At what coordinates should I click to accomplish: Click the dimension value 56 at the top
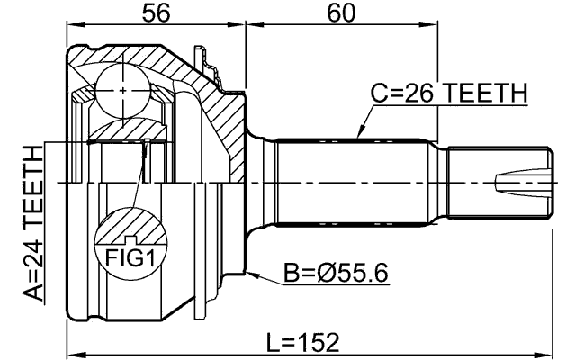point(155,13)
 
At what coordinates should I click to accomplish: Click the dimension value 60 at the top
point(340,13)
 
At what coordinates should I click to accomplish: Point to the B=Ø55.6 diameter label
point(336,272)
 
